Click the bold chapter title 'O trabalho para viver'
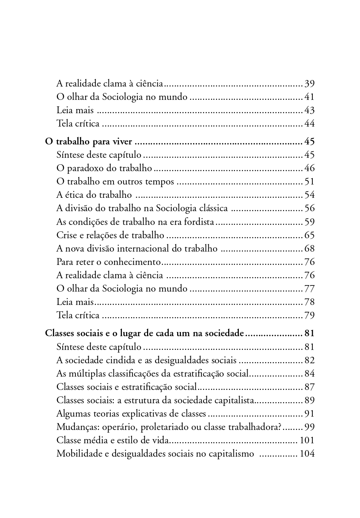88,142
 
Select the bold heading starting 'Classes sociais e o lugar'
144,334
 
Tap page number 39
309,84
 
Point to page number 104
307,454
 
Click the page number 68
309,249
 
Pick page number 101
307,441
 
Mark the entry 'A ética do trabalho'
94,195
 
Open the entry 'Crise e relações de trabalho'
110,236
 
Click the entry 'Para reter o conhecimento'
109,262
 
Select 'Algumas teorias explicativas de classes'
131,414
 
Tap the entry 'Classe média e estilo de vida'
112,441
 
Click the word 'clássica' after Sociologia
213,208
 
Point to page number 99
309,427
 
